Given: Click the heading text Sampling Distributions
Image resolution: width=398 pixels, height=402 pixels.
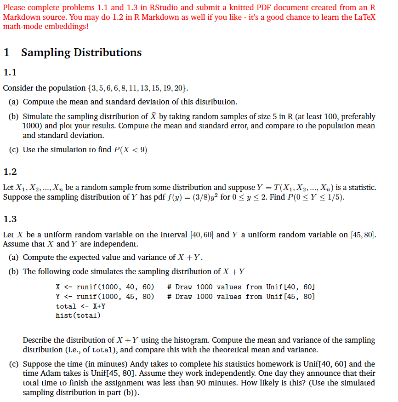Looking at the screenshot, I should pyautogui.click(x=81, y=52).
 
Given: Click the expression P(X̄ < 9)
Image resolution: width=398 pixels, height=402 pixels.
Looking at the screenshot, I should pyautogui.click(x=130, y=149).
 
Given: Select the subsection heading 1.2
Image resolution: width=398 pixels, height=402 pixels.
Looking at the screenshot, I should pyautogui.click(x=10, y=172).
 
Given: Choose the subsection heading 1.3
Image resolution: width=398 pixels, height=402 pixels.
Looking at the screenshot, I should pyautogui.click(x=10, y=219).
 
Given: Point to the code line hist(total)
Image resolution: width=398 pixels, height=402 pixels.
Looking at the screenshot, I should pyautogui.click(x=78, y=316).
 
